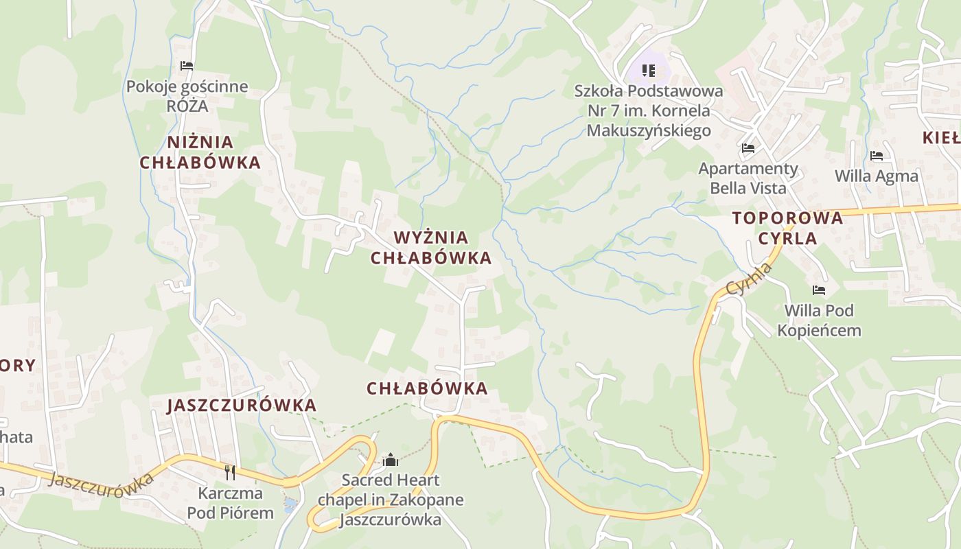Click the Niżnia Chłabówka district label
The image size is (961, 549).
[200, 152]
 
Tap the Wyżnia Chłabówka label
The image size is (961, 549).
[431, 248]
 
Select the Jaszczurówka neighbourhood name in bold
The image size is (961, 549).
[242, 405]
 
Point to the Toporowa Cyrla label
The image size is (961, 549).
[787, 228]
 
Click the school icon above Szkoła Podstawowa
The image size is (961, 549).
[649, 71]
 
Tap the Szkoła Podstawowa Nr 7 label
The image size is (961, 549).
[649, 110]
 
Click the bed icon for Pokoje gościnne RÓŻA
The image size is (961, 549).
[187, 66]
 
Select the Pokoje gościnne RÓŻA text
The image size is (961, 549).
[187, 97]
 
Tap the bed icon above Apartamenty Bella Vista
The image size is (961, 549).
[748, 148]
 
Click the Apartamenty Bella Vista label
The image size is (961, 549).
[748, 178]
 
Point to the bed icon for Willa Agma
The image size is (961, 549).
[877, 156]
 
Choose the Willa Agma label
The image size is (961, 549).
[877, 176]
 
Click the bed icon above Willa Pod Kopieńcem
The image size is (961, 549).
[818, 290]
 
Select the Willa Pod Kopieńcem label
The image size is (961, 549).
[819, 320]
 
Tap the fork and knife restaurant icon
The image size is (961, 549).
[230, 472]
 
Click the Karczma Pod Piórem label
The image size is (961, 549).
[230, 502]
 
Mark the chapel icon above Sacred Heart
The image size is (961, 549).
[391, 459]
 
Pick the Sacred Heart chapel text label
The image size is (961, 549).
[391, 500]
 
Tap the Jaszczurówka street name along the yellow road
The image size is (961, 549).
[102, 482]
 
